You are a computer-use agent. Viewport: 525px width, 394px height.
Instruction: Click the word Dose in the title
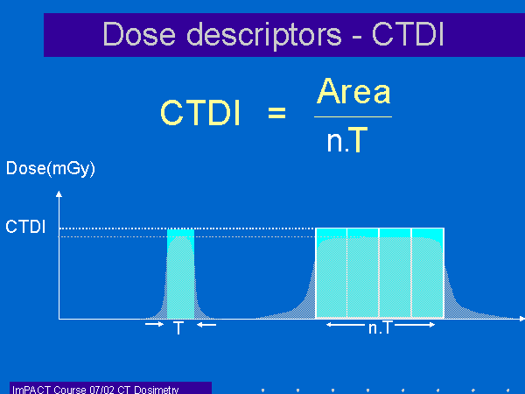click(139, 34)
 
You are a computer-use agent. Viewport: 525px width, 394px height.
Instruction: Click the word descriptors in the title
click(264, 36)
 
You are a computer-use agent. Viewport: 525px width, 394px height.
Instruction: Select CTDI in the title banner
click(408, 34)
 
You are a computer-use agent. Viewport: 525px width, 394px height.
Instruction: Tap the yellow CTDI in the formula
click(200, 113)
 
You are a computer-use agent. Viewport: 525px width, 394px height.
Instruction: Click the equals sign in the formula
click(276, 113)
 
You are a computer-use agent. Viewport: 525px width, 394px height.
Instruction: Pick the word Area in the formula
click(353, 91)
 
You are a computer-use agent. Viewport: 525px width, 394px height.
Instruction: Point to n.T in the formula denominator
click(347, 140)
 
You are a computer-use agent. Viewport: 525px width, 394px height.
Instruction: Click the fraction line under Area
click(353, 117)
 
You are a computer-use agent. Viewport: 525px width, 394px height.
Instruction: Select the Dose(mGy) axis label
click(51, 168)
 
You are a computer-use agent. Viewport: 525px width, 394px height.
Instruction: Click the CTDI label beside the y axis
click(25, 227)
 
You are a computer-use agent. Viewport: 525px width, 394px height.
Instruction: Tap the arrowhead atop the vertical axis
click(59, 193)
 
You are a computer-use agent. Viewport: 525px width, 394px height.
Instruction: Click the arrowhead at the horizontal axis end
click(521, 319)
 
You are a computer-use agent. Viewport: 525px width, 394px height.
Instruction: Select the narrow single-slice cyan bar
click(180, 273)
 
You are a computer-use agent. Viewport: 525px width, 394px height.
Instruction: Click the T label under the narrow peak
click(178, 327)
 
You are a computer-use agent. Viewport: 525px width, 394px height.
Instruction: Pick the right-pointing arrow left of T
click(154, 324)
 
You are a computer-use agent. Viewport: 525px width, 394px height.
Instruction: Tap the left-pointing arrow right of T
click(206, 324)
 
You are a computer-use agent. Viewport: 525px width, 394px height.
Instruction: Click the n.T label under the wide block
click(380, 327)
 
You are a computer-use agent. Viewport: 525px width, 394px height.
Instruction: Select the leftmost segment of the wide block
click(332, 273)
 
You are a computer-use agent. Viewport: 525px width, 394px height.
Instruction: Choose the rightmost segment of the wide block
click(428, 273)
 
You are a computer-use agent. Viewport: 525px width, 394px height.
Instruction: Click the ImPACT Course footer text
click(95, 390)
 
